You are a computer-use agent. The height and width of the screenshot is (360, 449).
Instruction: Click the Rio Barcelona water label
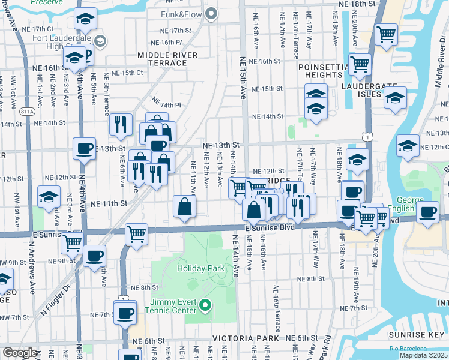(408, 349)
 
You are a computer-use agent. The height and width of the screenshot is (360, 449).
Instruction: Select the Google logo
(19, 353)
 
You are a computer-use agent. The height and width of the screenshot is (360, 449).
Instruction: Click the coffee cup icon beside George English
(427, 212)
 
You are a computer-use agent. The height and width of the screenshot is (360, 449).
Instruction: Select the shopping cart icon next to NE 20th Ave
(386, 34)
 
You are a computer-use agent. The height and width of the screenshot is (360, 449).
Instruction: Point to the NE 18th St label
(356, 4)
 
